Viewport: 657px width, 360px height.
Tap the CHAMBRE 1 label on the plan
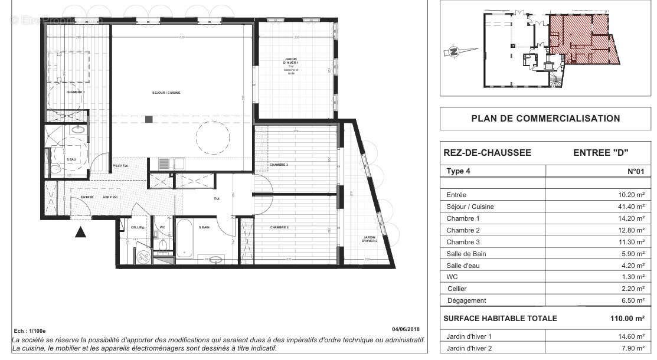pyautogui.click(x=75, y=92)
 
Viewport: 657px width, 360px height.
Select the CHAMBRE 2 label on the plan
pyautogui.click(x=279, y=227)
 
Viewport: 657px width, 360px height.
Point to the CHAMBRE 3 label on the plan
pyautogui.click(x=278, y=165)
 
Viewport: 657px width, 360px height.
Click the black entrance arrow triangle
pyautogui.click(x=81, y=232)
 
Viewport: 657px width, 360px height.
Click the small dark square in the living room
pyautogui.click(x=149, y=119)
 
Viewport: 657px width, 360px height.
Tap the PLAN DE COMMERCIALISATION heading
pyautogui.click(x=545, y=119)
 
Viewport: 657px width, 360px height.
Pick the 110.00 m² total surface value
pyautogui.click(x=627, y=318)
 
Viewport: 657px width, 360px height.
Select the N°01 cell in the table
pyautogui.click(x=635, y=172)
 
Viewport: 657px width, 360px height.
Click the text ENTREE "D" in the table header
pyautogui.click(x=599, y=153)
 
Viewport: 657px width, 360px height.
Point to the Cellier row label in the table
pyautogui.click(x=457, y=289)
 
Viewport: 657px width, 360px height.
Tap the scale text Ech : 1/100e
pyautogui.click(x=30, y=331)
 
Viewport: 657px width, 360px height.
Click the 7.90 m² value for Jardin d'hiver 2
pyautogui.click(x=633, y=348)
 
